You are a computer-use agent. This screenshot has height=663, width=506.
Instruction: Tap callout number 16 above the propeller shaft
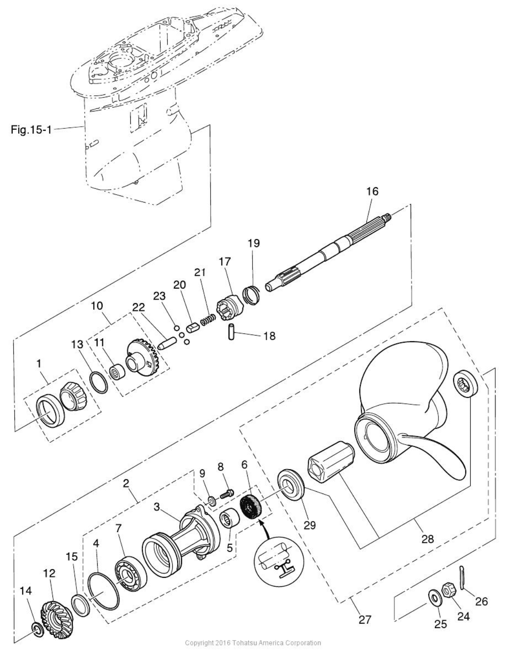pos(372,192)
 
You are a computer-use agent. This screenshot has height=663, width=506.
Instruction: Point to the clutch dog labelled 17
pos(230,305)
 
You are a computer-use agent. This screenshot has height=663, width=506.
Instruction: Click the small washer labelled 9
pos(212,500)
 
